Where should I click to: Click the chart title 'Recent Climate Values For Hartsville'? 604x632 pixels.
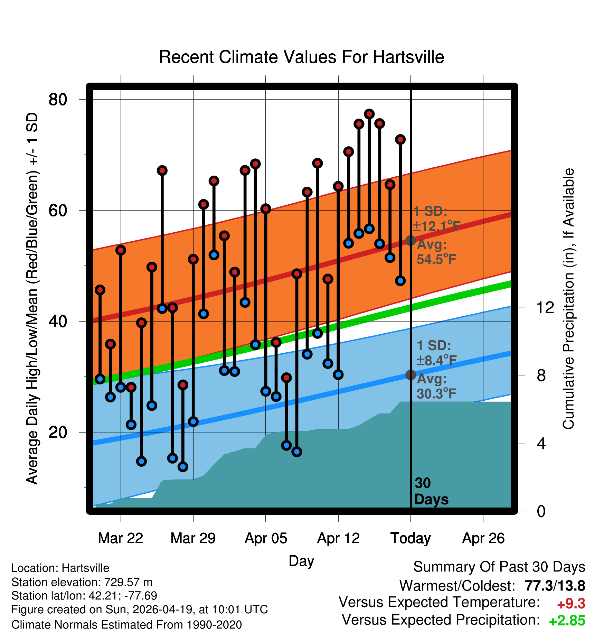click(301, 57)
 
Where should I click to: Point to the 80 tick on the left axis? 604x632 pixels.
click(58, 100)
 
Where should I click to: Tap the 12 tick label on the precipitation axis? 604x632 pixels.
click(545, 307)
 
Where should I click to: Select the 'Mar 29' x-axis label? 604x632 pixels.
click(193, 538)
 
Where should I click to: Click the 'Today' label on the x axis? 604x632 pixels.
click(410, 538)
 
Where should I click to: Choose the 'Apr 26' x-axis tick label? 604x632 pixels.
click(483, 538)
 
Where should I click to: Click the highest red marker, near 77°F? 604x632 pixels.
click(369, 114)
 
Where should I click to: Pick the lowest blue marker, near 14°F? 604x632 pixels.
click(183, 467)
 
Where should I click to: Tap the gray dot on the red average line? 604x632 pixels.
click(410, 240)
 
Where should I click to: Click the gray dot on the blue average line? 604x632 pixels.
click(410, 375)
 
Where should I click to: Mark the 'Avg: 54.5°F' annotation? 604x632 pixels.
click(436, 252)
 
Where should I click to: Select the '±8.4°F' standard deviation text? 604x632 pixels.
click(436, 360)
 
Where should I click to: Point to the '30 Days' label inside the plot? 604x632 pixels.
click(431, 491)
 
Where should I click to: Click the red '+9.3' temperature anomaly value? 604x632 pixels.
click(571, 604)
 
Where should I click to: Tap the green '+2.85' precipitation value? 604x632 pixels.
click(567, 621)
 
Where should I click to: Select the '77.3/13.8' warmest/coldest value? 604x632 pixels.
click(555, 586)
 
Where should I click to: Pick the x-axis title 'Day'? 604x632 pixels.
click(301, 561)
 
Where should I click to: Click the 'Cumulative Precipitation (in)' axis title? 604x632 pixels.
click(568, 299)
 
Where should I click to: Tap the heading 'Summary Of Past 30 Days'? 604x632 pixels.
click(499, 567)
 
